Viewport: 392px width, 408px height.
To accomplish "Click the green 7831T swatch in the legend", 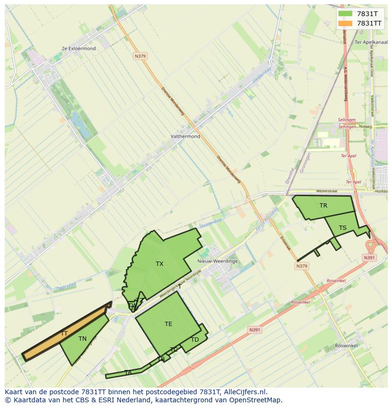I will [x=346, y=14].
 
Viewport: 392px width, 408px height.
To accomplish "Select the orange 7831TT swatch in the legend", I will [x=346, y=23].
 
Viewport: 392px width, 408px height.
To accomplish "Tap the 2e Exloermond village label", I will [x=79, y=48].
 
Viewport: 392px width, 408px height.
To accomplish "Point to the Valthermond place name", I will [x=185, y=136].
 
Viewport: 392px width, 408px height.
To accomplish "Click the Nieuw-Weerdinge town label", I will [x=217, y=261].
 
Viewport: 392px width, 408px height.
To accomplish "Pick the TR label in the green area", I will [x=323, y=206].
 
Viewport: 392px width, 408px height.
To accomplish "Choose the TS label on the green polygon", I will [x=342, y=228].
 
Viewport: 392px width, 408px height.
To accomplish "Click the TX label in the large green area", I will [x=160, y=264].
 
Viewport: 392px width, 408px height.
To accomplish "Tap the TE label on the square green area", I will [x=169, y=324].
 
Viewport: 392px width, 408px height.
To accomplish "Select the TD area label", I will [x=195, y=340].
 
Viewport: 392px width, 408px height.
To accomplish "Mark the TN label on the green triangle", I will [x=82, y=339].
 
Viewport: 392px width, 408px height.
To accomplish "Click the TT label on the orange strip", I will [x=64, y=334].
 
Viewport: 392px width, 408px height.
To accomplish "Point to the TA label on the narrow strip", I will [x=128, y=373].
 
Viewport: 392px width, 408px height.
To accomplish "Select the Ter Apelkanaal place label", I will [x=371, y=42].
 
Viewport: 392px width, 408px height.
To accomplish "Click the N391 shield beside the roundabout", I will [x=369, y=258].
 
